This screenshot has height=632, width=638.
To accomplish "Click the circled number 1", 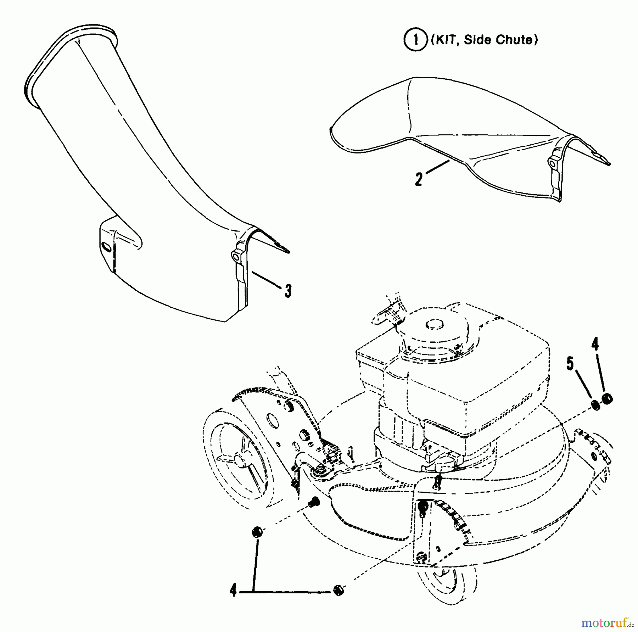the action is [415, 40].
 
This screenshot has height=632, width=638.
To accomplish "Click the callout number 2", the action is [419, 179].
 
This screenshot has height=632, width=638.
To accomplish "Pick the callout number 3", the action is [288, 291].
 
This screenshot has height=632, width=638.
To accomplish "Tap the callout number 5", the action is [570, 364].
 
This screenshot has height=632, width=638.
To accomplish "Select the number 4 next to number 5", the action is [595, 345].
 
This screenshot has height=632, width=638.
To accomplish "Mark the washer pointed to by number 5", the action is [596, 405].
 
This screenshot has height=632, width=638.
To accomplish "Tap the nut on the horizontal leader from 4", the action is [338, 590].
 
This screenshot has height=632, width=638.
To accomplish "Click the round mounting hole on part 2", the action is [552, 162].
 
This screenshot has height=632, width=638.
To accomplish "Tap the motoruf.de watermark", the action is [608, 622].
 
